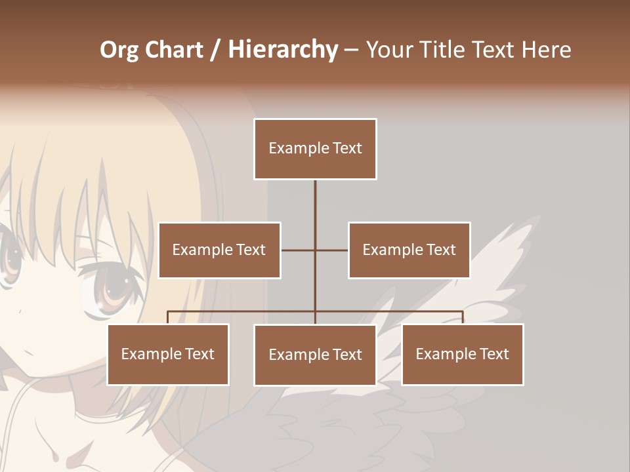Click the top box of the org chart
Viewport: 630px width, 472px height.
(315, 149)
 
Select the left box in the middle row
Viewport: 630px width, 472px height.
(219, 250)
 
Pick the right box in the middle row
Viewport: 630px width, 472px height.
(409, 250)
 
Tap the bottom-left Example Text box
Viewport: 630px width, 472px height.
(168, 354)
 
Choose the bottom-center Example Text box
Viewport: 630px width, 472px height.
(315, 355)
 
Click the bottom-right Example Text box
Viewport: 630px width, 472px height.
(463, 354)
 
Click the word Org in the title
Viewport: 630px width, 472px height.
(119, 50)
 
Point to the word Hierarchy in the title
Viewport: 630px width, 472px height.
(282, 50)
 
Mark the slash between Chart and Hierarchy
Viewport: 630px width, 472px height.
(215, 50)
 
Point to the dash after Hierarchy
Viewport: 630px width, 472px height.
(351, 50)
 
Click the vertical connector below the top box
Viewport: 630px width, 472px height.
(315, 210)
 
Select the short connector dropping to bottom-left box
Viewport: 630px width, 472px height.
(168, 317)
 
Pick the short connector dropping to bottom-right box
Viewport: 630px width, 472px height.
(463, 317)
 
